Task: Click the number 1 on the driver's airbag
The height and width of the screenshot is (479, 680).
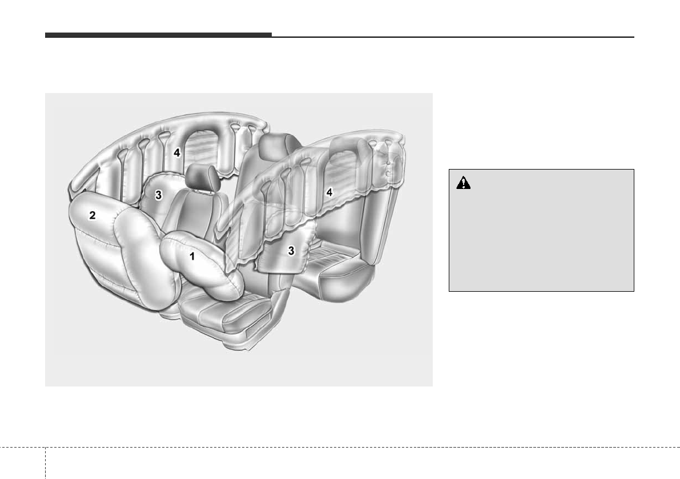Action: tap(192, 256)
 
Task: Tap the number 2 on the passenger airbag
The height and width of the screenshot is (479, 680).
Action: tap(92, 215)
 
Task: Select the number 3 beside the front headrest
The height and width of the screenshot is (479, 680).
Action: tap(158, 195)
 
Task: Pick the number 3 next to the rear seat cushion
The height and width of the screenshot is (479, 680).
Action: tap(291, 251)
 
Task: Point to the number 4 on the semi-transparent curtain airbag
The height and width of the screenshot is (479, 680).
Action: tap(329, 192)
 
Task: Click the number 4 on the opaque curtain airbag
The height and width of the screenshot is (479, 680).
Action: tap(176, 152)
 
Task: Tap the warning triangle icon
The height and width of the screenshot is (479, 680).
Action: tap(463, 183)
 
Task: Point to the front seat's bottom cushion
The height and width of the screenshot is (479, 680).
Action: tap(217, 312)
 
